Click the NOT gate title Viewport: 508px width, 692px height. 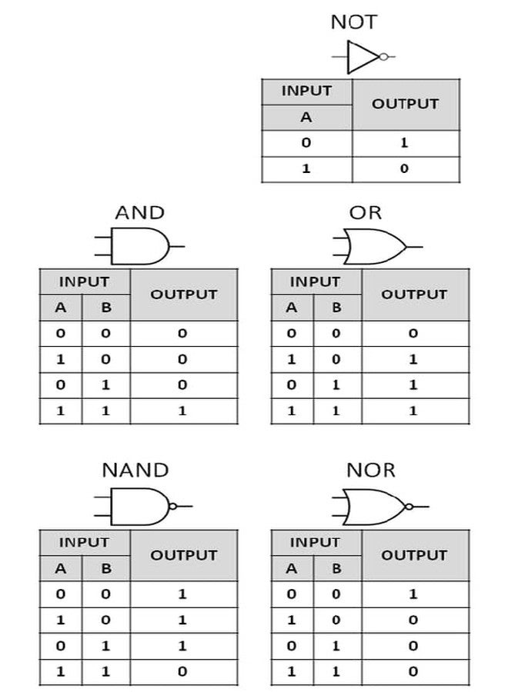tap(354, 22)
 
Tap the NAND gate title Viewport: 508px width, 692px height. tap(135, 470)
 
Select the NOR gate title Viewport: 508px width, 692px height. tap(371, 470)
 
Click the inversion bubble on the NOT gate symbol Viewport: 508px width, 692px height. tap(383, 57)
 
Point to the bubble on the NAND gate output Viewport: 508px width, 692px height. tap(173, 506)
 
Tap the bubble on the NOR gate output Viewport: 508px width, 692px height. tap(409, 506)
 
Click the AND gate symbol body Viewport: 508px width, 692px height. tap(140, 246)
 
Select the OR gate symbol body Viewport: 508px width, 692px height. tap(375, 246)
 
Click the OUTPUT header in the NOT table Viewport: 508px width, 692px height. tap(405, 104)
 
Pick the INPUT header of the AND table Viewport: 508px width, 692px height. tap(84, 281)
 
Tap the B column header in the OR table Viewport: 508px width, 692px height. tap(336, 307)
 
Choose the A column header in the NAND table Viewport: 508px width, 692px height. tap(61, 568)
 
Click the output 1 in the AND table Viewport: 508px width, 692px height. tap(182, 411)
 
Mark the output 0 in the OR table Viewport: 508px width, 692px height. tap(413, 333)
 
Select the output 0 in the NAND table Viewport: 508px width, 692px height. tap(182, 672)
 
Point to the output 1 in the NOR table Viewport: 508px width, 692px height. tap(413, 594)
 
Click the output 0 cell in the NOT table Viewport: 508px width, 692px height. tap(404, 168)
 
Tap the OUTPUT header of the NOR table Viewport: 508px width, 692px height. tap(414, 555)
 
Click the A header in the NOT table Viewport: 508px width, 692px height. tap(306, 118)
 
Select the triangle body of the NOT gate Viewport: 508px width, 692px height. tap(363, 57)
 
